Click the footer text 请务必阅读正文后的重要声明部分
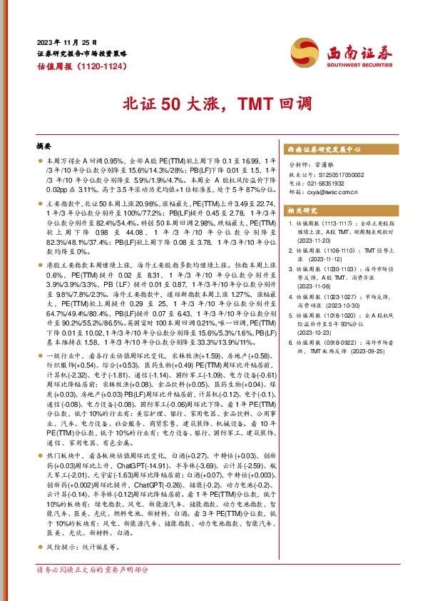click(93, 590)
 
